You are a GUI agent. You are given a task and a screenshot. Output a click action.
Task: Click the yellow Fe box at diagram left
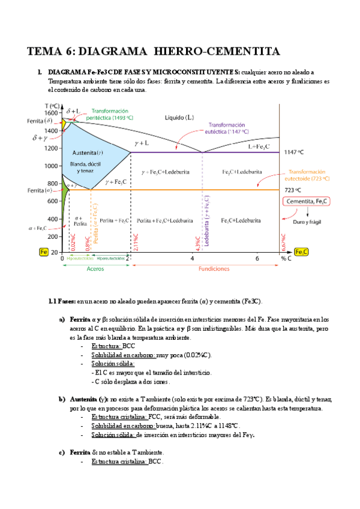[44, 252]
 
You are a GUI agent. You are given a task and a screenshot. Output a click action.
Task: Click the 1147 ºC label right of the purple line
[311, 152]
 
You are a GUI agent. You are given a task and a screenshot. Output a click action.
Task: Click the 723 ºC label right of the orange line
[311, 190]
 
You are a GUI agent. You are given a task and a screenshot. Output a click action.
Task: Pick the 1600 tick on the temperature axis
[51, 113]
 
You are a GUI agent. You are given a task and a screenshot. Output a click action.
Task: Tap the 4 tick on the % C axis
[193, 259]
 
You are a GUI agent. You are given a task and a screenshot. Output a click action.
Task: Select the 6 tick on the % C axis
[257, 259]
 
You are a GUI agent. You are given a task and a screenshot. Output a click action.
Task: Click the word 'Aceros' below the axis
[95, 269]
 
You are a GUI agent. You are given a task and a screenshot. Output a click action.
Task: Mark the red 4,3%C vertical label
[197, 233]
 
